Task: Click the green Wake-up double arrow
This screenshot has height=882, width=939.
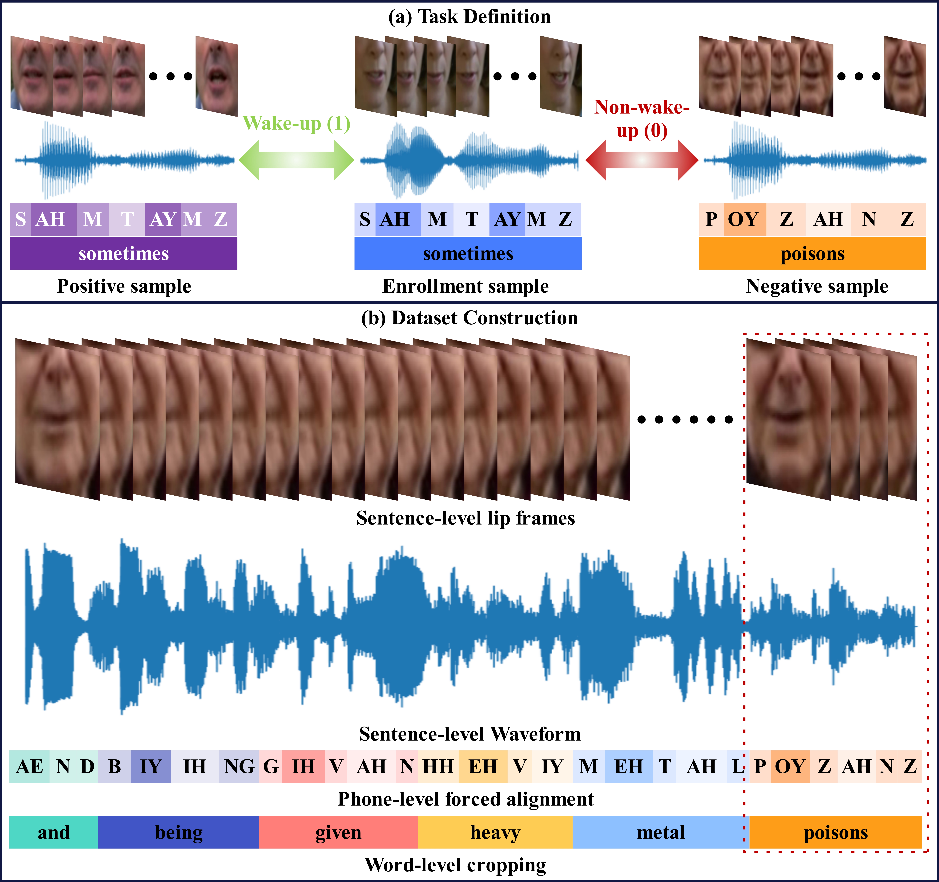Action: [x=296, y=160]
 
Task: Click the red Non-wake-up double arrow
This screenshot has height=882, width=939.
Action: [x=641, y=160]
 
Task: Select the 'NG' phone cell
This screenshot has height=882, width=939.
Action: [x=239, y=766]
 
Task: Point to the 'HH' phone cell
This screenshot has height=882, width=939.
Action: [x=438, y=766]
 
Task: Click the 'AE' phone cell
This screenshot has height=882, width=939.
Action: [x=29, y=766]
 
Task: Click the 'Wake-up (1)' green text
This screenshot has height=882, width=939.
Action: [x=296, y=124]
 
